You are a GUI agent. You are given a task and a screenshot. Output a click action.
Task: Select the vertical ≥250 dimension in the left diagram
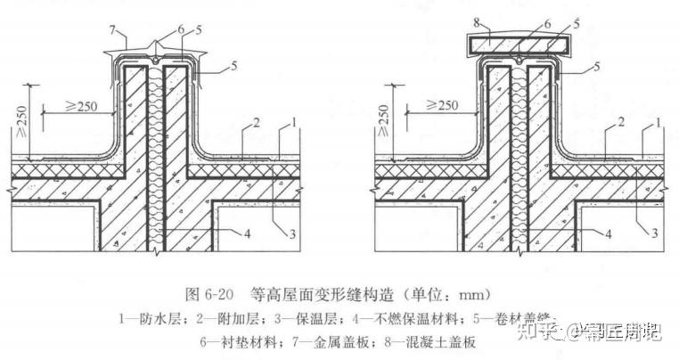tap(20, 116)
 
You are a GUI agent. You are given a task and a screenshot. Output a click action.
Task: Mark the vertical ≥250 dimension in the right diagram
tap(384, 116)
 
